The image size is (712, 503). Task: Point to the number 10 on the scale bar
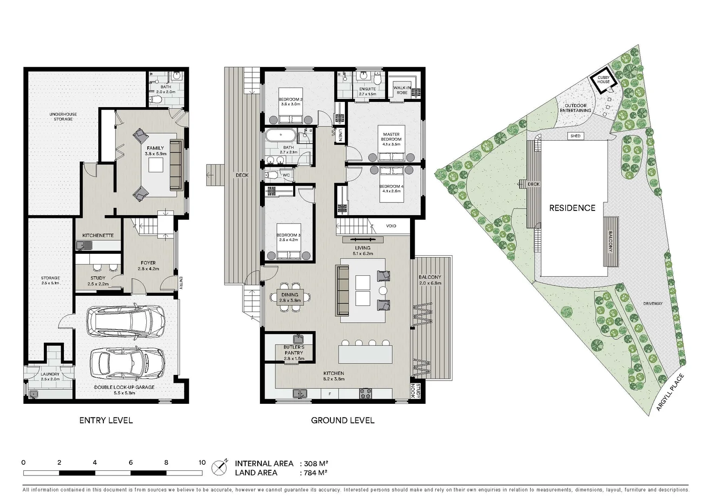point(202,462)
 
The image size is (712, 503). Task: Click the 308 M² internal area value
point(316,463)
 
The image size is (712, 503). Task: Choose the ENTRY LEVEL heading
point(106,421)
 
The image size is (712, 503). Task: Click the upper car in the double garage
point(126,322)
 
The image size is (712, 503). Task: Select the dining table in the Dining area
point(289,297)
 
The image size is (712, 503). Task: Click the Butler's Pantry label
point(294,350)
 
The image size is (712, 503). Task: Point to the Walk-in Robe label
point(402,90)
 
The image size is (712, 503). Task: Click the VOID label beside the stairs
point(391,226)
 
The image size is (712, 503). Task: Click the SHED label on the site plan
point(575,136)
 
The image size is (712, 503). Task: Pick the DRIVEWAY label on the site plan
point(653,304)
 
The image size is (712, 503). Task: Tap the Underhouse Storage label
point(63,116)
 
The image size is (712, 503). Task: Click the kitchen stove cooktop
point(365,394)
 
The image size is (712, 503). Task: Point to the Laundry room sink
point(33,394)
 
